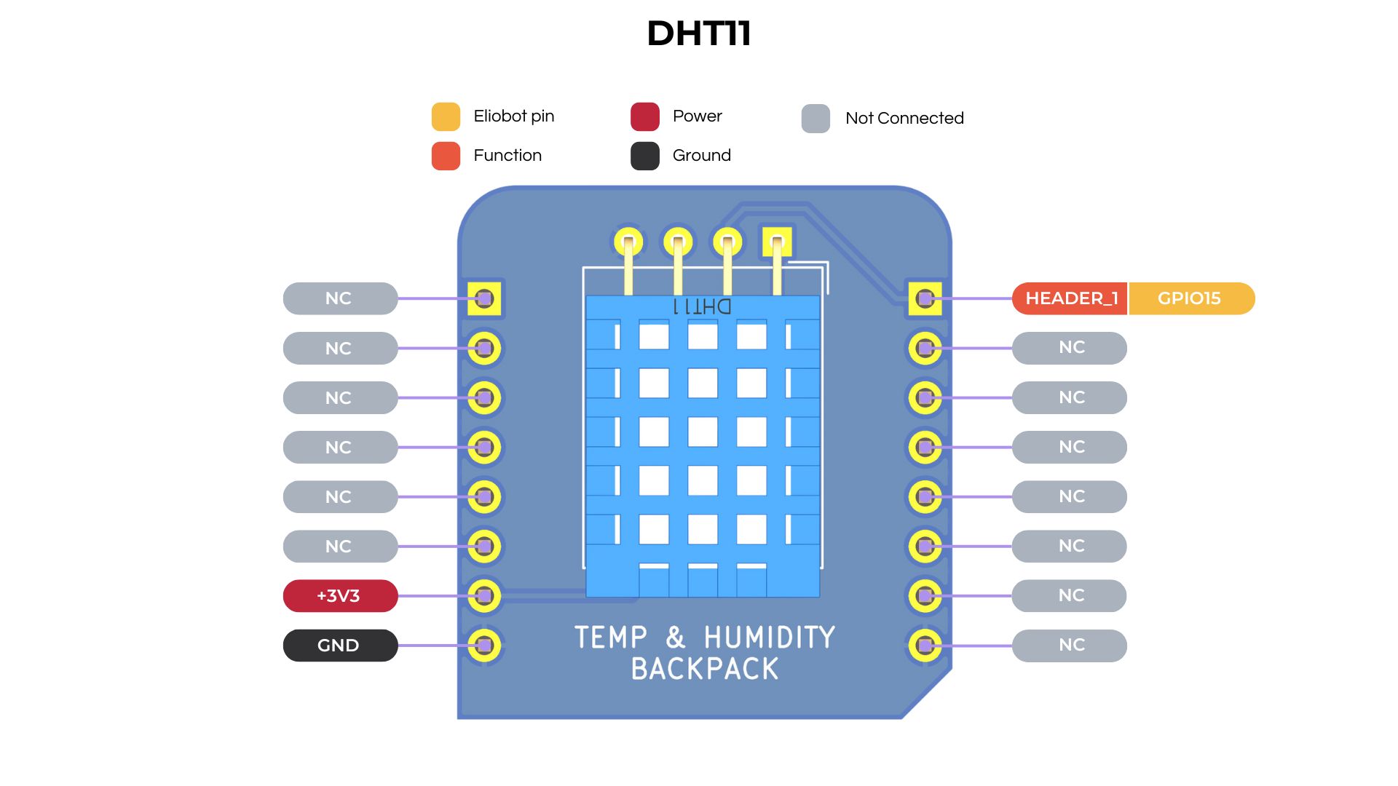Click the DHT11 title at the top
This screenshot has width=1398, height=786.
click(698, 33)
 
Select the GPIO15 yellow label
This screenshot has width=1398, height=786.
click(1190, 298)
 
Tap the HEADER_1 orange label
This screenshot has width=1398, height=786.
click(1070, 298)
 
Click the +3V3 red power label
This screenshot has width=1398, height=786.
click(339, 596)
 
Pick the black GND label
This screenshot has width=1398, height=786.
click(339, 646)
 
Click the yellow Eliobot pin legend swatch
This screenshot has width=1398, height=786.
click(446, 116)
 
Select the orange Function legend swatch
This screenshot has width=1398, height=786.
click(446, 156)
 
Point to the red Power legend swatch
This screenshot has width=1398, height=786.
click(644, 116)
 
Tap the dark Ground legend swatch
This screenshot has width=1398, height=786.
click(644, 156)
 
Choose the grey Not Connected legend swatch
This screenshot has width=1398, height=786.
click(815, 119)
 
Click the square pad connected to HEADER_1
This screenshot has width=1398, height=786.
click(925, 298)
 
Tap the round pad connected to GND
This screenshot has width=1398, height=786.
click(484, 646)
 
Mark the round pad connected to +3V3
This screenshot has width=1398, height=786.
click(484, 596)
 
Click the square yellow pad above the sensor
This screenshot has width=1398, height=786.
click(777, 242)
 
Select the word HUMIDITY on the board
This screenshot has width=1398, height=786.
click(769, 638)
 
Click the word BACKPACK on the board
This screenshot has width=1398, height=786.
click(704, 669)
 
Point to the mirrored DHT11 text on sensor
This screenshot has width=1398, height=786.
click(702, 306)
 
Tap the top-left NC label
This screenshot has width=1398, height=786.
click(339, 298)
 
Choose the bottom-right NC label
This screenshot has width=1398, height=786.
click(1070, 646)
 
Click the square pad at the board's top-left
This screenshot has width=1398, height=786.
click(484, 298)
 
